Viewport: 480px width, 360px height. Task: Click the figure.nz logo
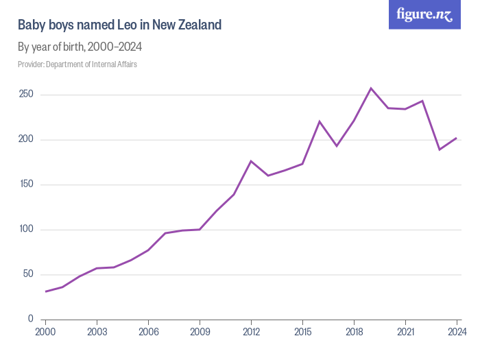tap(424, 14)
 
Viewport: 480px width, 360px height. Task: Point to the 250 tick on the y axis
tap(25, 95)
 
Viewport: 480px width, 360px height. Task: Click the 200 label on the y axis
tap(25, 140)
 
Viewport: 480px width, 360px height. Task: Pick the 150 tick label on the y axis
tap(25, 184)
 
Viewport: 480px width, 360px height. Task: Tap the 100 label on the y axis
tap(25, 230)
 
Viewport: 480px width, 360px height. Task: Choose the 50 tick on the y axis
tap(27, 274)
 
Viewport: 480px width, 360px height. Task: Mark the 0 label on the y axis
tap(30, 319)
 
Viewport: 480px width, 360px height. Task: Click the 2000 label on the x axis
tap(45, 332)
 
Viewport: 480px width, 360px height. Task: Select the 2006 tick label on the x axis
tap(148, 332)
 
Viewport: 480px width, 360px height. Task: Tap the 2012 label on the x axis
tap(251, 332)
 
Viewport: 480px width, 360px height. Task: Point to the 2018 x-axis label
tap(354, 332)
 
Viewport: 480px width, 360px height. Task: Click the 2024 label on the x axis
tap(456, 332)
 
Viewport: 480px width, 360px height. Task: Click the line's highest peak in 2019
tap(371, 88)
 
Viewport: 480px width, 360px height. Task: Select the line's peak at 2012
tap(251, 161)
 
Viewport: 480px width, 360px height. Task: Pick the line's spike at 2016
tap(320, 121)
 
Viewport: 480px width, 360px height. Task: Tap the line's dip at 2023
tap(440, 149)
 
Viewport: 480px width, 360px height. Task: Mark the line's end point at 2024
tap(457, 138)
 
